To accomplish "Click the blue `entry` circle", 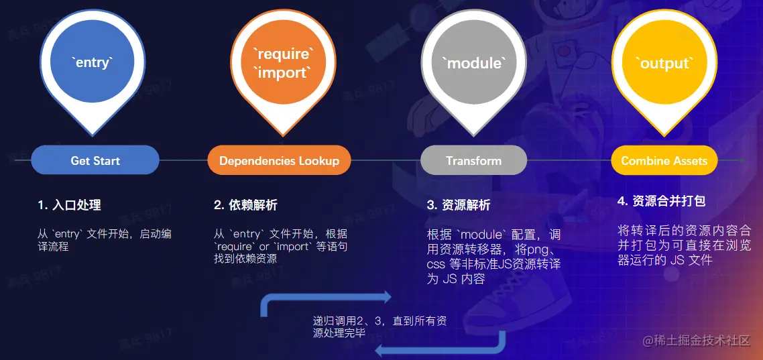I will point(93,63).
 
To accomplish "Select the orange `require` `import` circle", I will point(282,63).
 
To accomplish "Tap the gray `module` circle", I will point(474,63).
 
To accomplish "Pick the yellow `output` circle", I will point(664,63).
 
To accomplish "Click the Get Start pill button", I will point(95,161).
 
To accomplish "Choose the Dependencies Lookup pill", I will point(280,161).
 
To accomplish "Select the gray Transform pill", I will point(473,161).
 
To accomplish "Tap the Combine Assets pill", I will point(664,161).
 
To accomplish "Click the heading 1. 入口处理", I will point(70,205).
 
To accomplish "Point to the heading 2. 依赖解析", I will point(245,205).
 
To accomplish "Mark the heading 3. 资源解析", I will point(459,205).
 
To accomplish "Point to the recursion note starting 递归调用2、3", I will point(379,326).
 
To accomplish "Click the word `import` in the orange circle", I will point(283,72).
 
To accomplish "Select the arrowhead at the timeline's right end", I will point(740,161).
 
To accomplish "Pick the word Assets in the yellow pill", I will point(689,161).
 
